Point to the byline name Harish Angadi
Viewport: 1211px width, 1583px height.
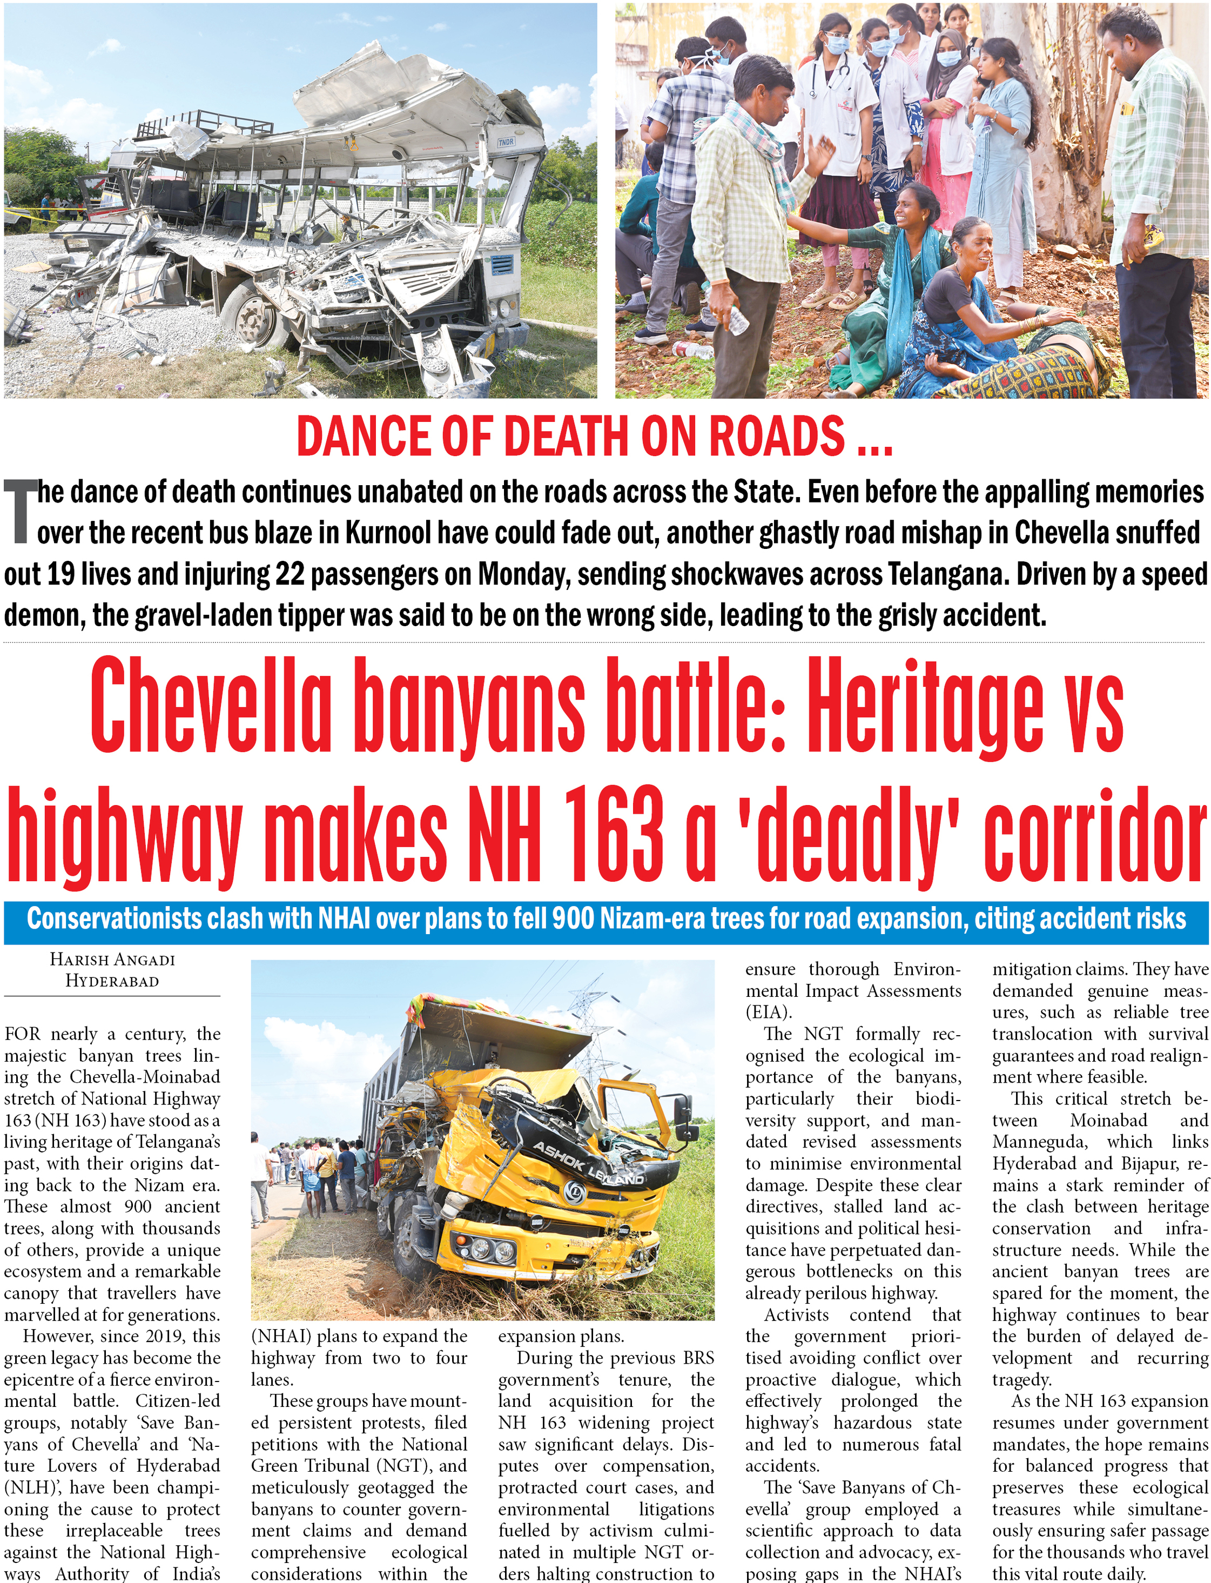[112, 960]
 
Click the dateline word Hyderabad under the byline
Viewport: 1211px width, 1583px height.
[112, 981]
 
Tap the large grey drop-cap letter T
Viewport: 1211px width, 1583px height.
[19, 513]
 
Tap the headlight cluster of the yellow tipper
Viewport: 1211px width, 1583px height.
[483, 1249]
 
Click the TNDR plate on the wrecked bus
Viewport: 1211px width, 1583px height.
[507, 143]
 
